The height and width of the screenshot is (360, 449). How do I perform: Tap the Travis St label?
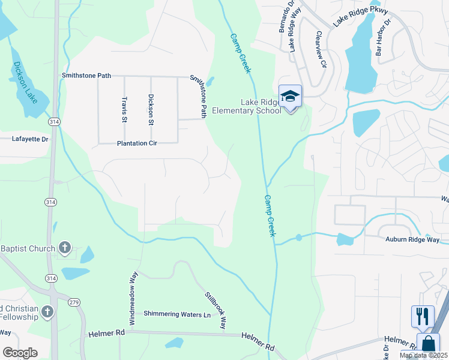(124, 109)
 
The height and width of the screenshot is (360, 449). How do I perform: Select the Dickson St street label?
(151, 109)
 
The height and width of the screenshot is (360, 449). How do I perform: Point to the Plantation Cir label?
(137, 143)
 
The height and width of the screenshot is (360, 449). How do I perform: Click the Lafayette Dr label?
(29, 139)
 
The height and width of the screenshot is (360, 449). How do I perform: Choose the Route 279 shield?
(74, 302)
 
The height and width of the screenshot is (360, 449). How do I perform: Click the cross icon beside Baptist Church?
(65, 248)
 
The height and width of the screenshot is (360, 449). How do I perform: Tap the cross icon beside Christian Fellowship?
(47, 311)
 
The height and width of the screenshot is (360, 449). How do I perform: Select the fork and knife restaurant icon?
(423, 316)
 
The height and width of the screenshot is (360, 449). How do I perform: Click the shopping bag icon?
(428, 344)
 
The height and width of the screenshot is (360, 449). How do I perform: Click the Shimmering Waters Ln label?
(178, 314)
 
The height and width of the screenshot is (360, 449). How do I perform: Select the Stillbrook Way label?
(215, 310)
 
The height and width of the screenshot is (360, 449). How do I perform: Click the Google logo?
(20, 353)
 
